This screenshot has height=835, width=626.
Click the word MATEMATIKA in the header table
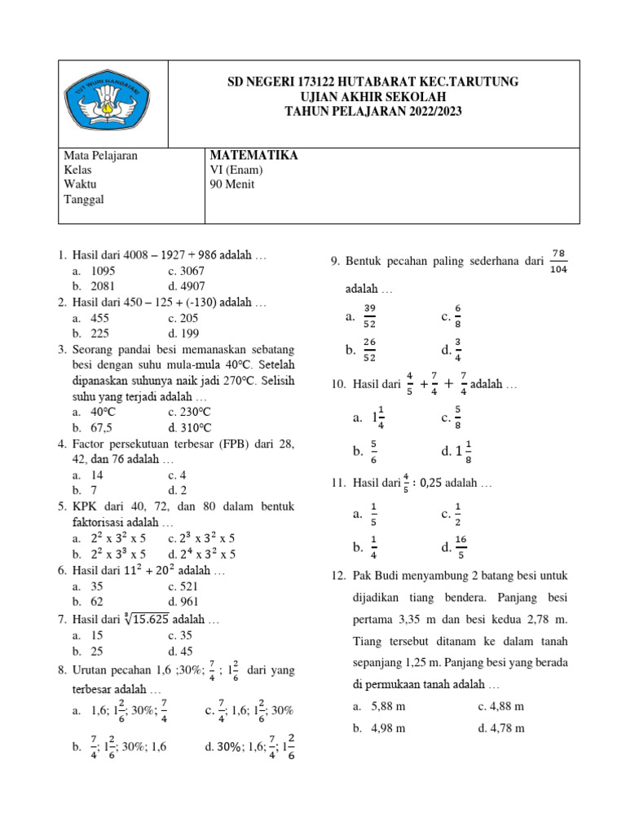point(253,155)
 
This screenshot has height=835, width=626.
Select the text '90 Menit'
point(232,184)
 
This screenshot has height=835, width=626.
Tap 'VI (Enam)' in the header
point(236,170)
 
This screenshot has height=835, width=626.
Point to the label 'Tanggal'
point(84,199)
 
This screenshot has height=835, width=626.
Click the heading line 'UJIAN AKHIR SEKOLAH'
point(373,97)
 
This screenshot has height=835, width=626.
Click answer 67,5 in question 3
point(99,427)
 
